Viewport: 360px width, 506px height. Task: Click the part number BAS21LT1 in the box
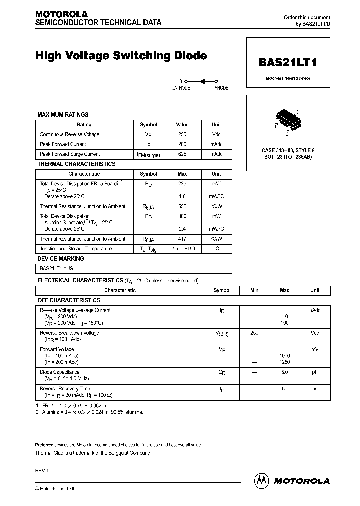[x=288, y=63]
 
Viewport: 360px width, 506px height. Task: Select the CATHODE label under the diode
[x=181, y=88]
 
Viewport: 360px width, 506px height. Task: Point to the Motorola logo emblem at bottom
[x=262, y=480]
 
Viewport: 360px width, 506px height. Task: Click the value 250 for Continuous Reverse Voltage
[x=182, y=135]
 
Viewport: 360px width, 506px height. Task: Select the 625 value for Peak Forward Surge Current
[x=182, y=154]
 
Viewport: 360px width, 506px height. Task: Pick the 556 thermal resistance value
[x=182, y=206]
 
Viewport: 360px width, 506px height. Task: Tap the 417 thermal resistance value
[x=182, y=239]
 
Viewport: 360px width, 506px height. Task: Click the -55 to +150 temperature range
[x=182, y=249]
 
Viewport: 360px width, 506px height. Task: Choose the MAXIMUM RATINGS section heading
[x=63, y=115]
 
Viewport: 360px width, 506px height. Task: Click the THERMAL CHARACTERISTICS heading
[x=76, y=164]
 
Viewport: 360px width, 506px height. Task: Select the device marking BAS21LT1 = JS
[x=56, y=269]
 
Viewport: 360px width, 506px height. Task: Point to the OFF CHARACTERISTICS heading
[x=69, y=300]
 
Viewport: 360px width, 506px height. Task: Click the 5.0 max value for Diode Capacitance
[x=284, y=372]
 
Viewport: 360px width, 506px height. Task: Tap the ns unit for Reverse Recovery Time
[x=315, y=389]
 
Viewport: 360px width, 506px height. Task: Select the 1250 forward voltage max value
[x=284, y=362]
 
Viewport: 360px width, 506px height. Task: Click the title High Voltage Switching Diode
[x=121, y=56]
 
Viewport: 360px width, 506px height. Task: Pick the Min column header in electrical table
[x=254, y=290]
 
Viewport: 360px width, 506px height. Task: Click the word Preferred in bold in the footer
[x=45, y=445]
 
